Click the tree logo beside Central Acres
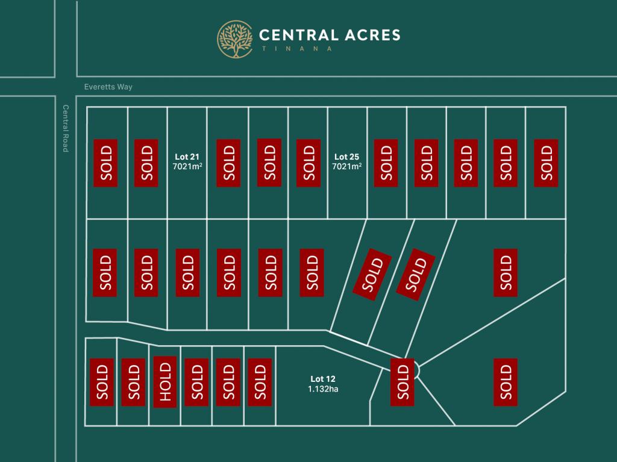pyautogui.click(x=235, y=39)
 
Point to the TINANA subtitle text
pyautogui.click(x=297, y=49)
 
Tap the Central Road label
pyautogui.click(x=66, y=128)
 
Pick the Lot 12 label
pyautogui.click(x=323, y=379)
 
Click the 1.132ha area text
pyautogui.click(x=323, y=389)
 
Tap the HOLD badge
pyautogui.click(x=165, y=382)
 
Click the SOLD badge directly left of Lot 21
pyautogui.click(x=146, y=163)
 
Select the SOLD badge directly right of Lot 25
pyautogui.click(x=387, y=163)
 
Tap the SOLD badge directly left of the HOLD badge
pyautogui.click(x=134, y=382)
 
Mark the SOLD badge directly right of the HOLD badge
pyautogui.click(x=196, y=382)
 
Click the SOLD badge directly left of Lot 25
pyautogui.click(x=308, y=163)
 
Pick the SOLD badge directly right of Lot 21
pyautogui.click(x=228, y=163)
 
